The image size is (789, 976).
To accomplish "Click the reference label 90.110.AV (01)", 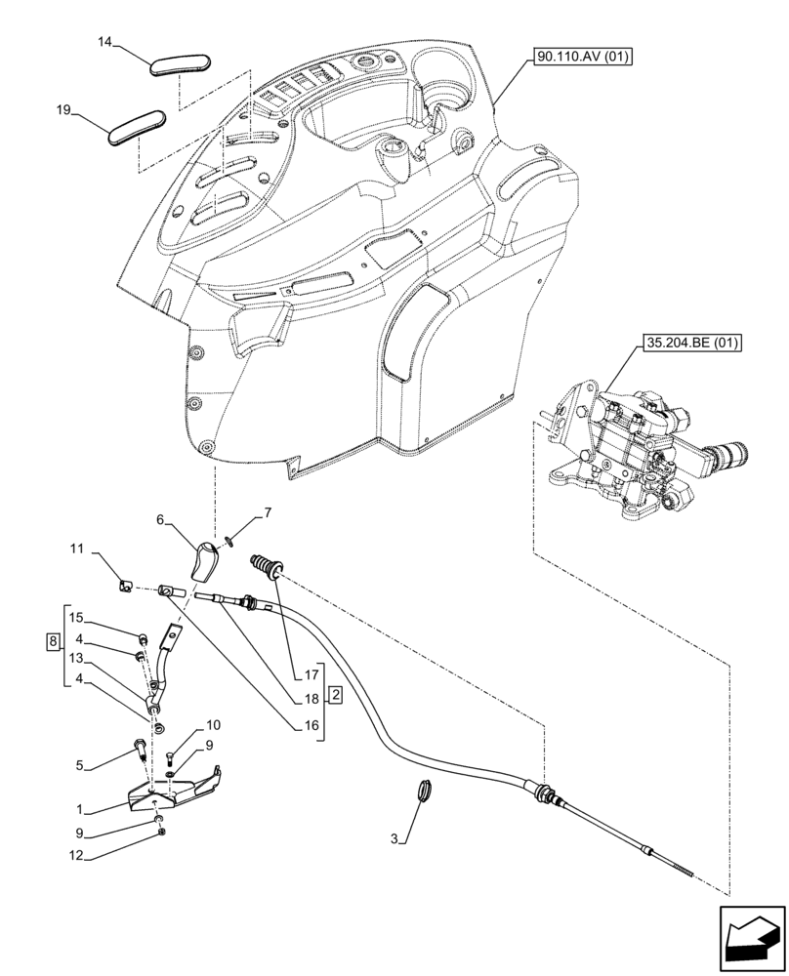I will [583, 58].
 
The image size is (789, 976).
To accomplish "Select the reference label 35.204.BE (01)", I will [692, 343].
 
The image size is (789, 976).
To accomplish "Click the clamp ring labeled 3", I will [426, 789].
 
